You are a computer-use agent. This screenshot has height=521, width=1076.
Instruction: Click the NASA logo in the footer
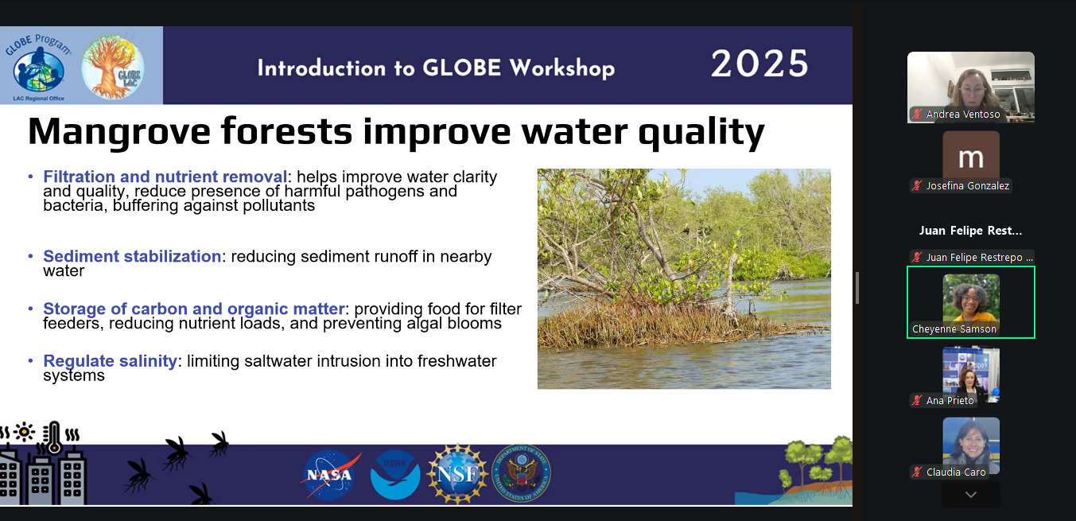pos(331,475)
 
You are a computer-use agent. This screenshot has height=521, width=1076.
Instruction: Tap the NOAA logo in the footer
pos(395,475)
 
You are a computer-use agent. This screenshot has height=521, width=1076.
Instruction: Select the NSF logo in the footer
pos(456,475)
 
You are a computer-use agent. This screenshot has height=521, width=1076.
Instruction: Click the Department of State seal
pos(521,474)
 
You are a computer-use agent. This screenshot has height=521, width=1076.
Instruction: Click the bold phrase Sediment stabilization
pos(132,257)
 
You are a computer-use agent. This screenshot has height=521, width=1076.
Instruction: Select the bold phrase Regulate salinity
pos(110,361)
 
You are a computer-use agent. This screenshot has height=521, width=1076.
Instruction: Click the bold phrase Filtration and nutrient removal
pos(165,177)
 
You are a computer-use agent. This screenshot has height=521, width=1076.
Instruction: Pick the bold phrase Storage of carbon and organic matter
pos(194,309)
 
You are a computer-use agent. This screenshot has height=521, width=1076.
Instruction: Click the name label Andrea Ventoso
pos(962,115)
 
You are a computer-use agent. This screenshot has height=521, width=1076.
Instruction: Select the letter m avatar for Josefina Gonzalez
pos(971,156)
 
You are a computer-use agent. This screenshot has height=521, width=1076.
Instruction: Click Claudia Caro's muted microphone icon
pos(917,472)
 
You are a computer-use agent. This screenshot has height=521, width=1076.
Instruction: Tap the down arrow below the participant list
pos(971,495)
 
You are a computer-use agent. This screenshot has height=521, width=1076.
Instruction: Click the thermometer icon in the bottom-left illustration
pos(53,438)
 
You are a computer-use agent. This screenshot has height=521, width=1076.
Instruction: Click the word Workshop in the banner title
pos(562,68)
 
